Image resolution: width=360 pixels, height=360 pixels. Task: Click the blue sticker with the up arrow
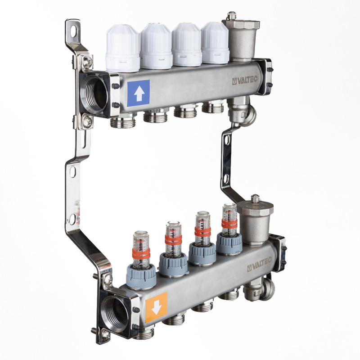pos(139,93)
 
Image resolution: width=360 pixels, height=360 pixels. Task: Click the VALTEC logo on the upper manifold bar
pos(245,81)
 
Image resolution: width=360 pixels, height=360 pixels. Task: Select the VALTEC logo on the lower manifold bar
pos(260,265)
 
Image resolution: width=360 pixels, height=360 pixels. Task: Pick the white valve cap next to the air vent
pos(215,43)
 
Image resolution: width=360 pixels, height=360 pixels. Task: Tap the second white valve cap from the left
pos(156,46)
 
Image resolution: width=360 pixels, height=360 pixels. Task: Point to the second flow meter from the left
pos(174,249)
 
